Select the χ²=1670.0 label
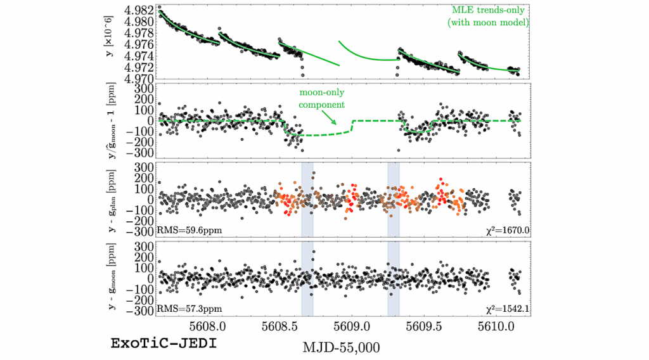coord(504,229)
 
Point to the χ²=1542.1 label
coord(504,309)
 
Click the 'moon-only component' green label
coord(323,99)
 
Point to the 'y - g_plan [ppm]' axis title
coord(113,199)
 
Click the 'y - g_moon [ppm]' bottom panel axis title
coord(113,279)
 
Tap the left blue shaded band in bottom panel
coord(307,279)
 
